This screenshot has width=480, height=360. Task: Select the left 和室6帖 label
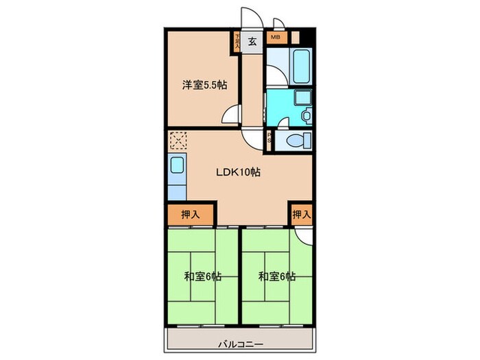click(x=202, y=277)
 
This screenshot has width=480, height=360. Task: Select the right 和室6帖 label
click(x=277, y=277)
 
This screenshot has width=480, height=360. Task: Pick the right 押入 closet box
click(x=301, y=215)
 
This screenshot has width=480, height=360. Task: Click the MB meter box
click(x=276, y=38)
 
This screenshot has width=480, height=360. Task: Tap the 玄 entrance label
click(x=252, y=41)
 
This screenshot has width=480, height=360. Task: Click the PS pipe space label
click(x=269, y=139)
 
